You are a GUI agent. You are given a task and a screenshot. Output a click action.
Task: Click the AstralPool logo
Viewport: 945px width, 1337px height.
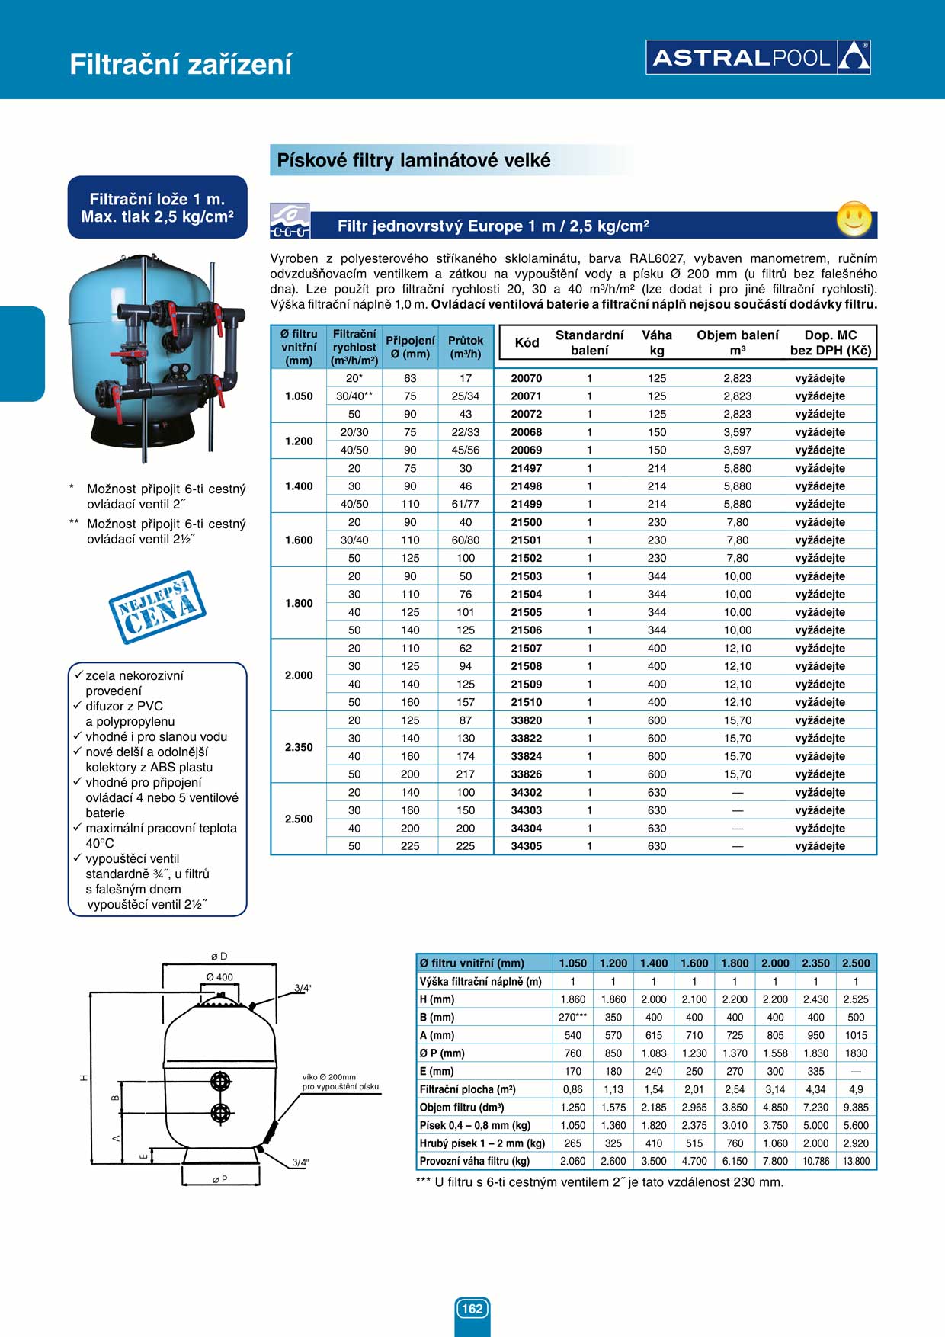tap(758, 57)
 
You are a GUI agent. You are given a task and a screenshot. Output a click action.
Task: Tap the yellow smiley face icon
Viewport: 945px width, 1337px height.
tap(854, 219)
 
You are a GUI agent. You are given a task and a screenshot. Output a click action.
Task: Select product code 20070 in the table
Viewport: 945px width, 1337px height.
tap(526, 378)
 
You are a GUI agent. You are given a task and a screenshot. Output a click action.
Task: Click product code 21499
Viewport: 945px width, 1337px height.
tap(526, 504)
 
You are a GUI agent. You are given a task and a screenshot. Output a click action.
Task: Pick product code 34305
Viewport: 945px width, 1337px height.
tap(526, 846)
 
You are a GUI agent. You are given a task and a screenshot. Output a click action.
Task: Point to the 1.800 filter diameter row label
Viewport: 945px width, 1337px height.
tap(299, 603)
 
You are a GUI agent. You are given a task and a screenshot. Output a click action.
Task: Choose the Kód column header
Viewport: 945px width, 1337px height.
tap(527, 343)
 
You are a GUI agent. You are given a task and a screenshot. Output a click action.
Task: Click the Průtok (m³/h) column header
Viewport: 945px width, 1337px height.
tap(466, 347)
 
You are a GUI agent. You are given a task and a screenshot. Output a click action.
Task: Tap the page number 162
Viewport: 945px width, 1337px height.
tap(472, 1309)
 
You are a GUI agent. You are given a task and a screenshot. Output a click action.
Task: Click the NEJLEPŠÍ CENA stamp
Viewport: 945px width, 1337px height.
tap(158, 607)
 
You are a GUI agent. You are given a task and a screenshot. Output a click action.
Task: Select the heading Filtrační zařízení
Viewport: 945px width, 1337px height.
tap(181, 64)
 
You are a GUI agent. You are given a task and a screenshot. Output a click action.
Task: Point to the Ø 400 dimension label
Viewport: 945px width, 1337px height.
tap(219, 977)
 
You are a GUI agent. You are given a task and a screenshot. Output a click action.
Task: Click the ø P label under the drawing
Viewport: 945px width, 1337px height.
tap(219, 1179)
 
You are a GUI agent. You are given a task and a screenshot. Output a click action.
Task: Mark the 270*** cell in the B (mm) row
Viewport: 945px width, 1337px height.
tap(572, 1017)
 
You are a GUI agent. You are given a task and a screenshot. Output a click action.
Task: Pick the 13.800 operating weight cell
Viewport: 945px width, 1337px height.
tap(856, 1161)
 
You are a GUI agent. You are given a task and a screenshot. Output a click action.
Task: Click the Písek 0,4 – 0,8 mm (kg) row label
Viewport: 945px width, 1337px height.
tap(475, 1125)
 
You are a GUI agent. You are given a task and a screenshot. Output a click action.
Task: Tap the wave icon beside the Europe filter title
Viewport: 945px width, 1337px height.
tap(290, 221)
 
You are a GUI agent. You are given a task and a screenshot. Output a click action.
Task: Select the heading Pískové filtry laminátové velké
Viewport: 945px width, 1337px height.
tap(414, 161)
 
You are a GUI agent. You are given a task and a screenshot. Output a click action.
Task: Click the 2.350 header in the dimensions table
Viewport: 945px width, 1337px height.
tap(815, 963)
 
